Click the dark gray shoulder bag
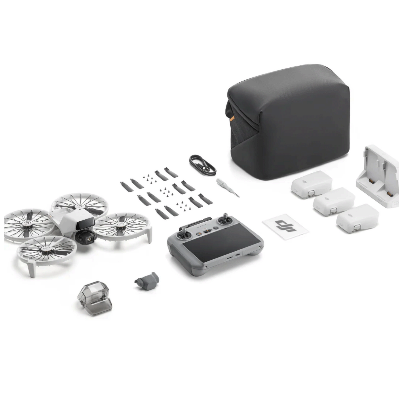coord(288,121)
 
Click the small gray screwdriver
coord(227,187)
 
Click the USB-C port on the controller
coord(238,255)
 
